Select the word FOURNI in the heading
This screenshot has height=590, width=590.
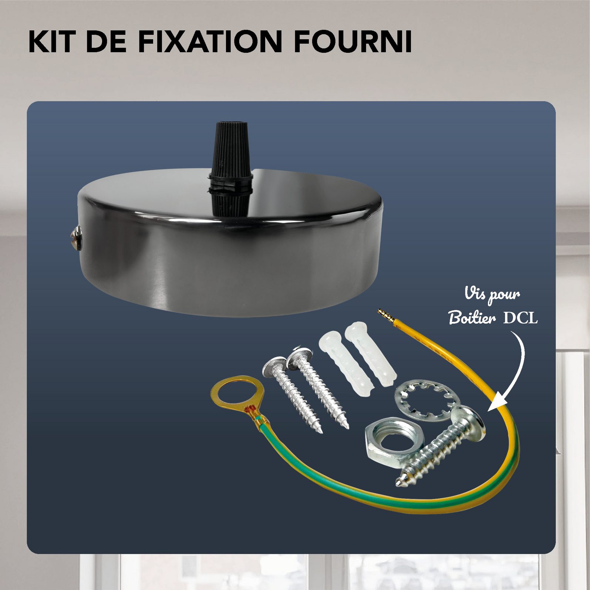[353, 41]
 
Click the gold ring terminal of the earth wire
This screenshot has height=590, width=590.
[237, 393]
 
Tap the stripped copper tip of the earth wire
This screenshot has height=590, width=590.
[385, 315]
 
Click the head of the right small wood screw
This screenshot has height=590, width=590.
[299, 357]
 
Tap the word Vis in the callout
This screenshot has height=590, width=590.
[475, 294]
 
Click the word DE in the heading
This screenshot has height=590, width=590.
[106, 41]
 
